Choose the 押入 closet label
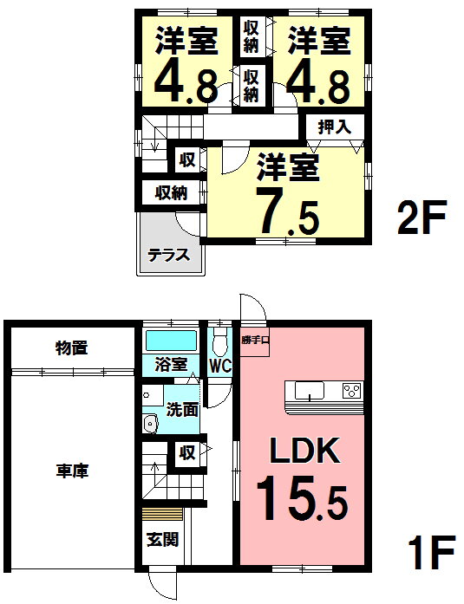334,127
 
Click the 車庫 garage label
74,471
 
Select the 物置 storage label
73,348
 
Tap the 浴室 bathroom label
170,365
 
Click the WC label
220,365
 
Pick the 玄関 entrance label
162,540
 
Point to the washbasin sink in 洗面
150,424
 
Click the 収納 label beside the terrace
171,192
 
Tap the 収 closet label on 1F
186,451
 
